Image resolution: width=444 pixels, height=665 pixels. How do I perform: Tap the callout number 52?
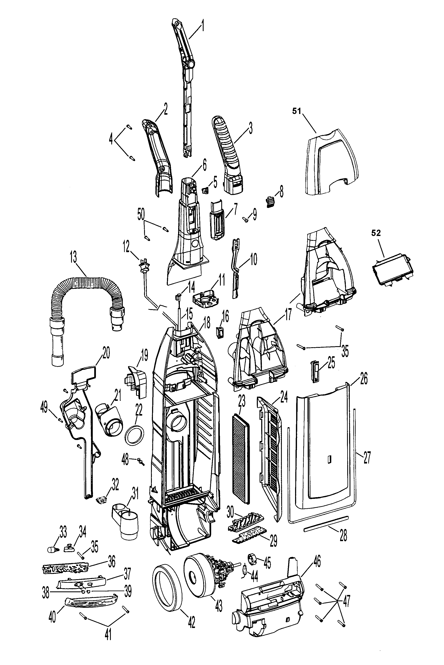click(376, 233)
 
